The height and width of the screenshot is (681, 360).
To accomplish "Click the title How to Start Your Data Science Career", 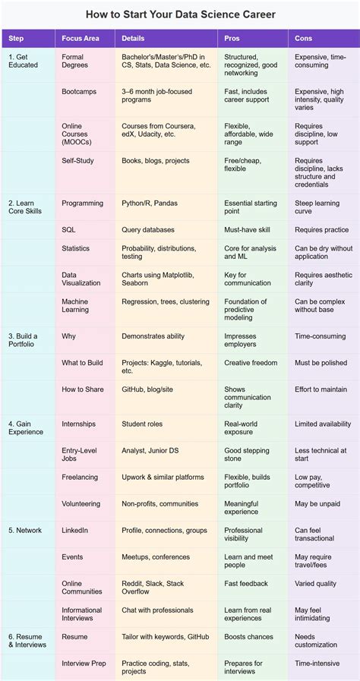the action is point(180,14).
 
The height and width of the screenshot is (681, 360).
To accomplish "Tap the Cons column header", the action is point(304,38).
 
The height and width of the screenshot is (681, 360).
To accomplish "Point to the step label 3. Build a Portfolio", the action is point(23,340).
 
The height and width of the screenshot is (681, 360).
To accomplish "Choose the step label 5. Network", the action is point(25,530).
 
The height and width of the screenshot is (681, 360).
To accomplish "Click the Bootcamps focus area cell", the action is point(80,91).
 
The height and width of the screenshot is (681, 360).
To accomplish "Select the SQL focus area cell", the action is point(69,229).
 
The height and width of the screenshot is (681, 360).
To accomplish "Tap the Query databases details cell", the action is point(148,229).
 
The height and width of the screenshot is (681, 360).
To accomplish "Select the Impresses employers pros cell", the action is point(240,340).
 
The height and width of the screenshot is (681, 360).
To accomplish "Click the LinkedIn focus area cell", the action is point(75,530).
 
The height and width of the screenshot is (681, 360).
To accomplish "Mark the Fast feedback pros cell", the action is point(246,583).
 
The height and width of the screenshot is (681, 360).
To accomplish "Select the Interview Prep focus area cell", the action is point(85,663).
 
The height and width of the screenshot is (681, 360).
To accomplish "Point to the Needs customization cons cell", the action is point(316,641).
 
